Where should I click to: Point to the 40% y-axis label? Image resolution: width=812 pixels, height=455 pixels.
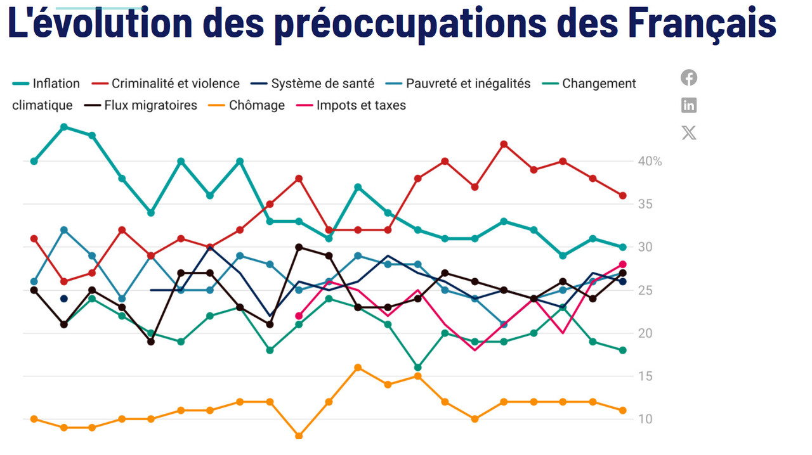650,162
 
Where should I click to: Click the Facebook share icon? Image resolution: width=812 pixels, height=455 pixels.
689,78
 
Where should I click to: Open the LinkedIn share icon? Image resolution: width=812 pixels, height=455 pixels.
689,105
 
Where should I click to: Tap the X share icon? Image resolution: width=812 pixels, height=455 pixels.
689,133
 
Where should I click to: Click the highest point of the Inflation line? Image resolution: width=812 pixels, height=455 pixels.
63,127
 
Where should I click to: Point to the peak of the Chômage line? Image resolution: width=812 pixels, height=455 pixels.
358,368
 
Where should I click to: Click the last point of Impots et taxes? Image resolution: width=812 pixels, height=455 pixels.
623,264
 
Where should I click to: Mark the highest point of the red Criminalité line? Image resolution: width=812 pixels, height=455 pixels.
504,144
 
